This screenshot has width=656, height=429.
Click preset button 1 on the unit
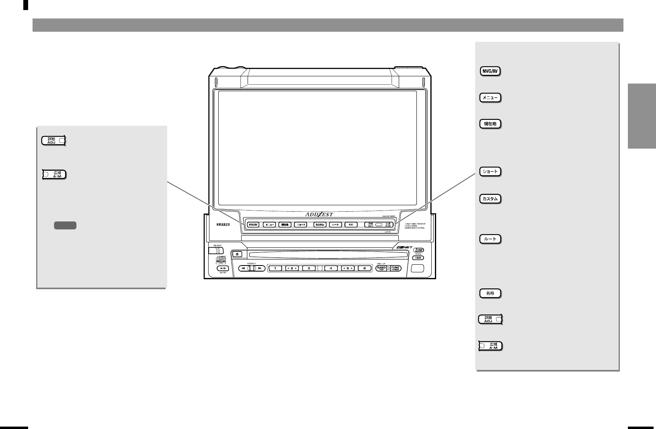tap(275, 268)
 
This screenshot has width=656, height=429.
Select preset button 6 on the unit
tap(364, 268)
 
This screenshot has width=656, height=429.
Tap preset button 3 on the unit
tap(309, 268)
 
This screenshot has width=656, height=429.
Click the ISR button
tap(418, 258)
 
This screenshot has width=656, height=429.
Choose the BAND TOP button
tap(381, 268)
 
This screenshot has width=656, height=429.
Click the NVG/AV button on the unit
tap(253, 225)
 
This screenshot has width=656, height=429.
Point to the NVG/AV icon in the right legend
tap(490, 72)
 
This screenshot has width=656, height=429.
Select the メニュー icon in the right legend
tap(490, 98)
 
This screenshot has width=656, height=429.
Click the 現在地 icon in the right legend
tap(490, 124)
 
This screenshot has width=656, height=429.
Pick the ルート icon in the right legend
tap(490, 239)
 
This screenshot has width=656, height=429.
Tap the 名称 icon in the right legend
tap(490, 293)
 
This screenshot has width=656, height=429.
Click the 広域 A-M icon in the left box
tap(55, 175)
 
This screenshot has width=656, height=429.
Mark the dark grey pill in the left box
tap(65, 226)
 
